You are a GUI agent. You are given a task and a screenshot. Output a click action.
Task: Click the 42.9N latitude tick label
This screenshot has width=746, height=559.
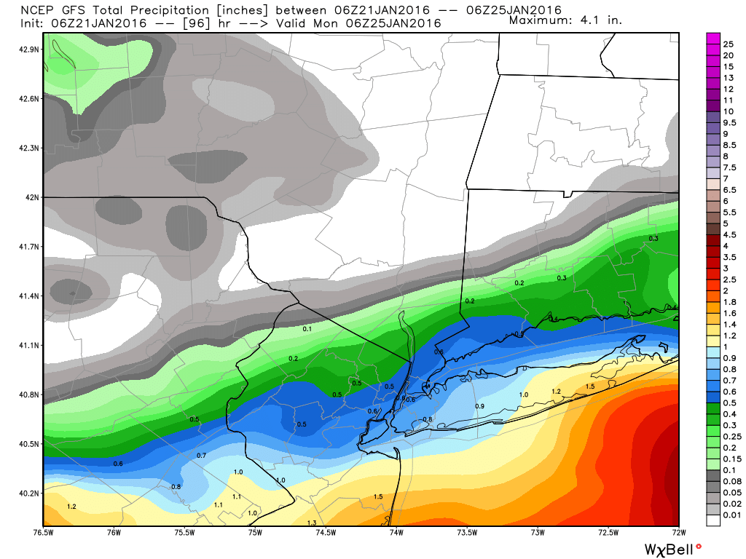30,49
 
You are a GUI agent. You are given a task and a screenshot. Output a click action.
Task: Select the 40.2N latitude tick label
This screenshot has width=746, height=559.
30,493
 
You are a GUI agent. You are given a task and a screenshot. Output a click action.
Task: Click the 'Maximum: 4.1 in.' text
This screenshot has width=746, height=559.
565,20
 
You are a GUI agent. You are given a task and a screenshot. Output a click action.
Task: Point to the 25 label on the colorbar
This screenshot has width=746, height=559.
728,44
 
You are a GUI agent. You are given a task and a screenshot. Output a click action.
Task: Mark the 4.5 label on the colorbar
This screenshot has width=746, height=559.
729,234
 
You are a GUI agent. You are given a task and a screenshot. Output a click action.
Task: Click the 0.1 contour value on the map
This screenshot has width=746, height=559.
307,330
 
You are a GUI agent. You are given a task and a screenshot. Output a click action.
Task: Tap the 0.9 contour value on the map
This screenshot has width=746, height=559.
479,405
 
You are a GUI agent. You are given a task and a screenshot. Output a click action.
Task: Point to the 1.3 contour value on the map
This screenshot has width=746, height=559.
312,523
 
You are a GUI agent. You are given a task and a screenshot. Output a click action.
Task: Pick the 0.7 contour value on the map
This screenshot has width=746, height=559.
202,455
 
